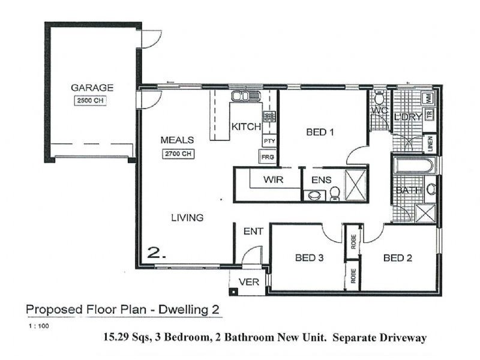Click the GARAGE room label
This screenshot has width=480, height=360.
92,88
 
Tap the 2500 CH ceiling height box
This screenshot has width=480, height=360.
91,101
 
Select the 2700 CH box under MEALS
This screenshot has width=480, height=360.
177,154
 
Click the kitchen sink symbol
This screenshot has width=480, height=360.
244,96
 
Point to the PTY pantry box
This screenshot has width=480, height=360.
268,142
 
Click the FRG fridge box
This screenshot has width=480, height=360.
268,157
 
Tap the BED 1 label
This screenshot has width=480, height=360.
319,133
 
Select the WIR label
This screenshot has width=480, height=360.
273,179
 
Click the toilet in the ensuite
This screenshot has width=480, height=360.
335,193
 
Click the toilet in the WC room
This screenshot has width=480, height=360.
379,98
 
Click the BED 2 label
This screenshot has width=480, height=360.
397,259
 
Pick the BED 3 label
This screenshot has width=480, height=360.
310,259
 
